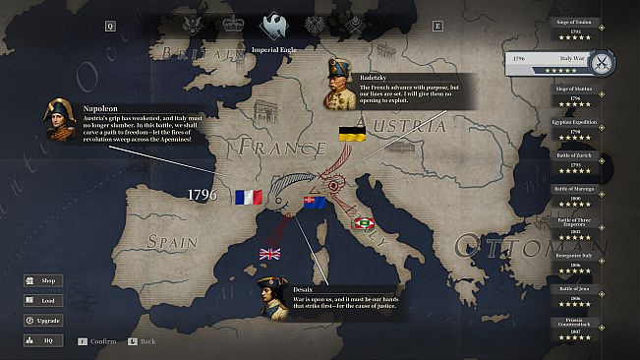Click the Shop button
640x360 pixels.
tap(42, 281)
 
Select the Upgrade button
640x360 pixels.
tap(42, 321)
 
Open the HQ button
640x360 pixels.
tap(42, 340)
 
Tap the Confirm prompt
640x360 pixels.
tap(97, 341)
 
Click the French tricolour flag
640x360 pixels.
tap(249, 197)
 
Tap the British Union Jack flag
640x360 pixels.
tap(269, 254)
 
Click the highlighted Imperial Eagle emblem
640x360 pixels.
tap(273, 25)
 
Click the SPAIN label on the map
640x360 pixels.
tap(172, 241)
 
